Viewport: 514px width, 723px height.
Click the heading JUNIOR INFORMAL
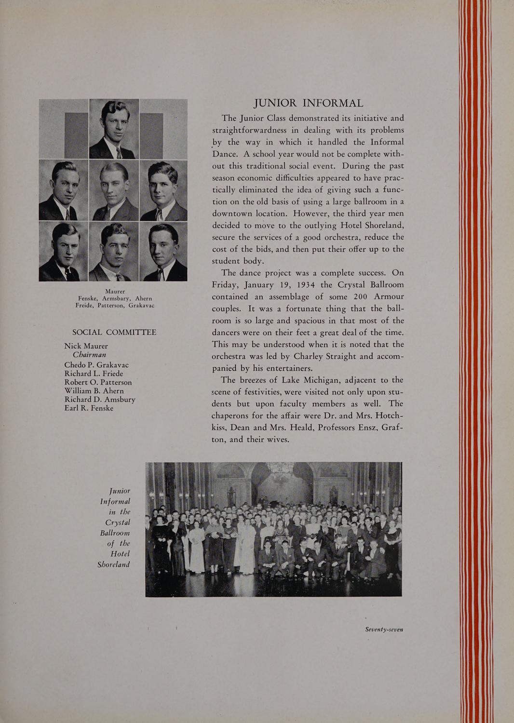309,104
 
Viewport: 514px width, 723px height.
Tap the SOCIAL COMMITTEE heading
114,333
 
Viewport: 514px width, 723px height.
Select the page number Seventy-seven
384,629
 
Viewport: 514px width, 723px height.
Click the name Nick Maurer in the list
86,346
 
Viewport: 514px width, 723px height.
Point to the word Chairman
89,355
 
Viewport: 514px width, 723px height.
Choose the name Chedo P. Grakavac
96,365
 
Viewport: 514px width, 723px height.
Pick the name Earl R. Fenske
89,408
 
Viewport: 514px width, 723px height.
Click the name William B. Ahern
94,391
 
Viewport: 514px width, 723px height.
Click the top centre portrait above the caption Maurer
114,129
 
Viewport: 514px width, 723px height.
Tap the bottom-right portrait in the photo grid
163,251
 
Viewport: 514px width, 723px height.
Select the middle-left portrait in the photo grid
63,190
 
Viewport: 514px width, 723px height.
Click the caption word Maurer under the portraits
115,292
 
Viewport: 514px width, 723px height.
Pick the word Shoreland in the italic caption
114,564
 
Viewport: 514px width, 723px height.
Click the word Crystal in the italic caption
118,522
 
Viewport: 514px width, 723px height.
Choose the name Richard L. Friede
94,374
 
